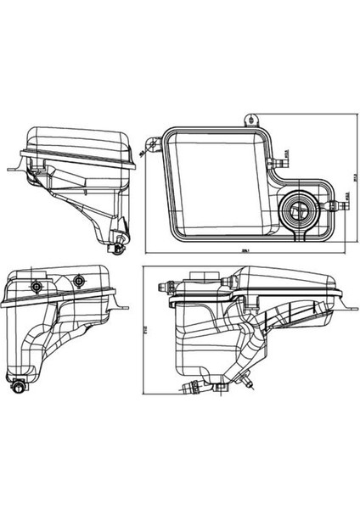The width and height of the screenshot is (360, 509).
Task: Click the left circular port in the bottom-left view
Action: [38, 284]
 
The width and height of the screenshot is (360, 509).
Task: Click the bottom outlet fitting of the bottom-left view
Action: [18, 389]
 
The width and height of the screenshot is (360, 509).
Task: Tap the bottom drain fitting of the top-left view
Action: [116, 246]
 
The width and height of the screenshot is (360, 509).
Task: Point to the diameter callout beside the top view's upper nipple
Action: [290, 152]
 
